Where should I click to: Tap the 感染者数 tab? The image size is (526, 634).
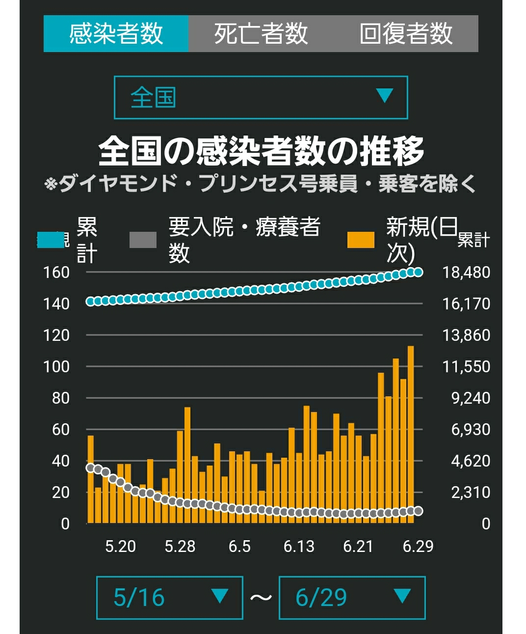[x=116, y=33]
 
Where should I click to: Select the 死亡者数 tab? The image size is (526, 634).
[x=261, y=33]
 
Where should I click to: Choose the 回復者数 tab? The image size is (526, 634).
[x=406, y=33]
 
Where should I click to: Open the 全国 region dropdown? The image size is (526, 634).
[x=261, y=97]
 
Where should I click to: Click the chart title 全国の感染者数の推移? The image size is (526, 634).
[x=261, y=151]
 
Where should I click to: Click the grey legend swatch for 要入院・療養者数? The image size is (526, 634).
[x=143, y=240]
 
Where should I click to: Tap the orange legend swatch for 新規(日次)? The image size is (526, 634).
[x=361, y=240]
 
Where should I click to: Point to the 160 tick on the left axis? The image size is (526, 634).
[x=56, y=273]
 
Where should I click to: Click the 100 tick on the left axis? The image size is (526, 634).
[x=56, y=366]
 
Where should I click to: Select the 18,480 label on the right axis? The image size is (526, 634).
[x=466, y=273]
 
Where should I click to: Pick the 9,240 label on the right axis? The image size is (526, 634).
[x=471, y=398]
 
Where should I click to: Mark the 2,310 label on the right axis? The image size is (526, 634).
[x=471, y=492]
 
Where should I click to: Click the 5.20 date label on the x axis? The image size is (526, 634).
[x=120, y=547]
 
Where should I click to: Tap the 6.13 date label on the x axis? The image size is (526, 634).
[x=299, y=547]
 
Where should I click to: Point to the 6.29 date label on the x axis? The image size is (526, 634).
[x=418, y=547]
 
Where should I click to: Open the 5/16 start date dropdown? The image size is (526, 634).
[x=170, y=598]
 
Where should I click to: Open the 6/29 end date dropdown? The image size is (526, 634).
[x=352, y=598]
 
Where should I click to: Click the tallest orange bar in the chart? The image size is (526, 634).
[x=411, y=435]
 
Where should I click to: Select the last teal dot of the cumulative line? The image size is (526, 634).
[x=419, y=272]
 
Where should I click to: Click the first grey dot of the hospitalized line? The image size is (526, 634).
[x=90, y=468]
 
